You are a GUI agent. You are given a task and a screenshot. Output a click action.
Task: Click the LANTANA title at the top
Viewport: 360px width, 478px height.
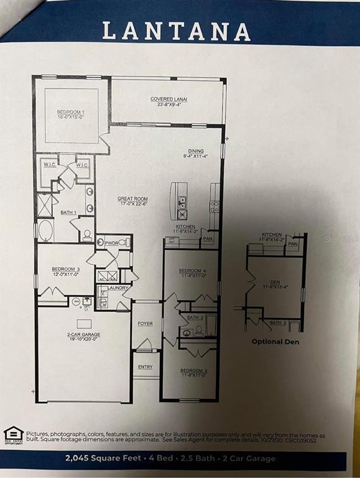[176, 30]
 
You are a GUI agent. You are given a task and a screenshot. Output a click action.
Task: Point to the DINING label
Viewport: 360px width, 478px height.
[196, 153]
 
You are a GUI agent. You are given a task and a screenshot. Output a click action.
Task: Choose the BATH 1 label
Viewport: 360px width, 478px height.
[68, 213]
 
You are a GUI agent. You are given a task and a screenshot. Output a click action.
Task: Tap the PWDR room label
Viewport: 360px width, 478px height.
[112, 243]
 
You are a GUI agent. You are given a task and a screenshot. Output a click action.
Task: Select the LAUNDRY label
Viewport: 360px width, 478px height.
[118, 288]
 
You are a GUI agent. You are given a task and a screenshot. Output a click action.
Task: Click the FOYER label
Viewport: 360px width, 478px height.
[145, 324]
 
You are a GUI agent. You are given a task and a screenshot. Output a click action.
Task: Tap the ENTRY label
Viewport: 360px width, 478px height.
[145, 367]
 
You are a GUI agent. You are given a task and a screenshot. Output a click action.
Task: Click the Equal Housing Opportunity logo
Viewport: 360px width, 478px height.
[13, 435]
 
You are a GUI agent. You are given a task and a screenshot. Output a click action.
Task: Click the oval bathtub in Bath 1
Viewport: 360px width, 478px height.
[45, 230]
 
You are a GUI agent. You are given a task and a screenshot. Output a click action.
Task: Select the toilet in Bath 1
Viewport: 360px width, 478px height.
[88, 235]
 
